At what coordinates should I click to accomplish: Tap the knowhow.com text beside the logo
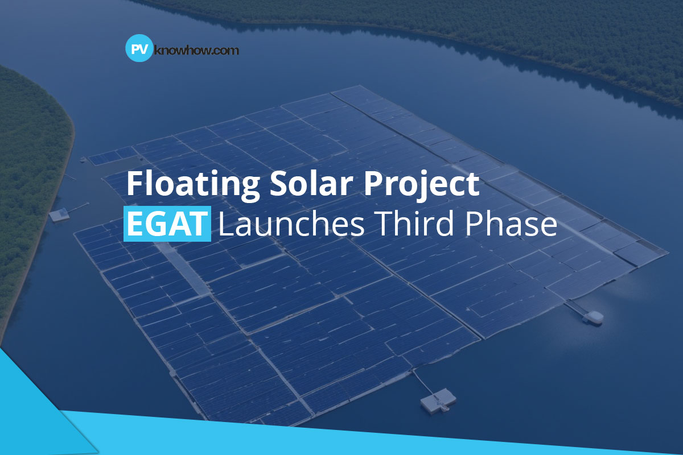[196, 50]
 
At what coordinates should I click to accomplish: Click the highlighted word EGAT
[166, 225]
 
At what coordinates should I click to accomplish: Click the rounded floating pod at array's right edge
[593, 316]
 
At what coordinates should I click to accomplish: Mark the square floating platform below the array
[438, 400]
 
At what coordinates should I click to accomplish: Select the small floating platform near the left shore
[59, 214]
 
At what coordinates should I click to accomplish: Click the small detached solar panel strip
[112, 155]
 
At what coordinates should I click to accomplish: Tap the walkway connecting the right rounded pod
[576, 308]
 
